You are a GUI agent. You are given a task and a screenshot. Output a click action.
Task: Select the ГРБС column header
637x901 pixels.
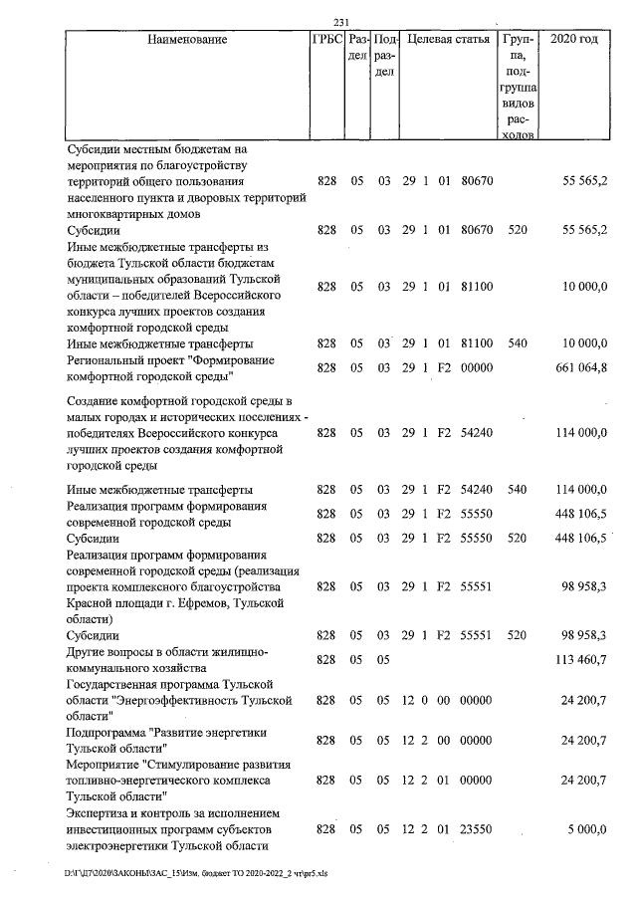(x=325, y=41)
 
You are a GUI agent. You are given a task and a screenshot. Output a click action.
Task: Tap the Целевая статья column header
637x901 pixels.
(x=449, y=41)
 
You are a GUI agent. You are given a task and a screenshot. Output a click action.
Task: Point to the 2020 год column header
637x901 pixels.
(x=580, y=41)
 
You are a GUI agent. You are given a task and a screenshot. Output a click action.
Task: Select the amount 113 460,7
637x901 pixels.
(x=577, y=659)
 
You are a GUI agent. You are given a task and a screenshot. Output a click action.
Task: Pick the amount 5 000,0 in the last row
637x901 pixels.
(x=586, y=828)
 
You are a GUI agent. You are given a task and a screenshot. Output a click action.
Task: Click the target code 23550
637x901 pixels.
(x=477, y=828)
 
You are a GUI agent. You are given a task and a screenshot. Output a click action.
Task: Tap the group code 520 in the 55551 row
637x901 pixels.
(x=517, y=634)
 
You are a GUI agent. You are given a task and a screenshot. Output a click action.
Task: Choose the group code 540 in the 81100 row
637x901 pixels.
(x=517, y=343)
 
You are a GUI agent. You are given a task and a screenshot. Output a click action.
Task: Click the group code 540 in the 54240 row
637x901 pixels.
(x=517, y=490)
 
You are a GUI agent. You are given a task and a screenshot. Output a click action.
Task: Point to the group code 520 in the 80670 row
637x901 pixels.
(x=517, y=230)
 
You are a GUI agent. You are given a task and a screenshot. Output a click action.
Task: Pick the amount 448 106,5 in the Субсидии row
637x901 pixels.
(x=577, y=538)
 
